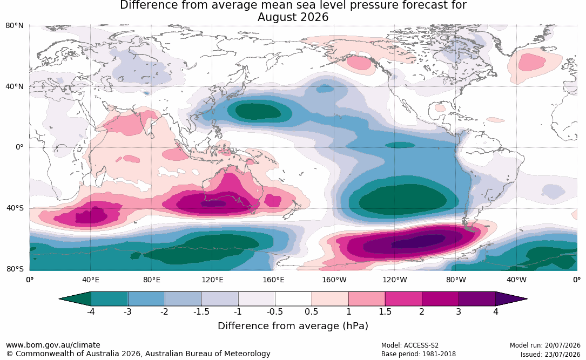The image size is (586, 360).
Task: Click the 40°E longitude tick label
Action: (x=90, y=280)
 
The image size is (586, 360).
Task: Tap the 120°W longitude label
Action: (x=395, y=280)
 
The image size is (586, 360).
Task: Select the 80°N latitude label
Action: (x=14, y=26)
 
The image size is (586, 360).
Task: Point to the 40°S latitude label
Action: (x=15, y=208)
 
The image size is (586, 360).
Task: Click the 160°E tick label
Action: (x=273, y=280)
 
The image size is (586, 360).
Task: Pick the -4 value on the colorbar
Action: (x=91, y=311)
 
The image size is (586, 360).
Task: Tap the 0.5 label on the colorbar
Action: (x=312, y=311)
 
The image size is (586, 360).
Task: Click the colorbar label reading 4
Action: (x=496, y=311)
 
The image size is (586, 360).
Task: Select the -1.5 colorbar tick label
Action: (x=201, y=311)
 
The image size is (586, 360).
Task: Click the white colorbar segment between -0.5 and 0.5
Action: (x=293, y=299)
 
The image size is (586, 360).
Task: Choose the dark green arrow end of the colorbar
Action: (x=75, y=299)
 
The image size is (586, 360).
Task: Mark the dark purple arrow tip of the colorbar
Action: (x=511, y=299)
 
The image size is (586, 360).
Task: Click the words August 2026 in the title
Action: (x=293, y=17)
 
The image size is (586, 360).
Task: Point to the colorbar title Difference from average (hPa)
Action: (x=293, y=326)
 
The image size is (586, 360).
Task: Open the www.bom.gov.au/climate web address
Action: (x=53, y=345)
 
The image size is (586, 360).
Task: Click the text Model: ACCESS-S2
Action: (x=410, y=345)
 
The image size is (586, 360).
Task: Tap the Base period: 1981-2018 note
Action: (x=419, y=354)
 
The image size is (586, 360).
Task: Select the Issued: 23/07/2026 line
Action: (x=550, y=354)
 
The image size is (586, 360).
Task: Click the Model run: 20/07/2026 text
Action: (x=545, y=345)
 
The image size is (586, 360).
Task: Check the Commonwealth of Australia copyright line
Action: (x=138, y=354)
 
